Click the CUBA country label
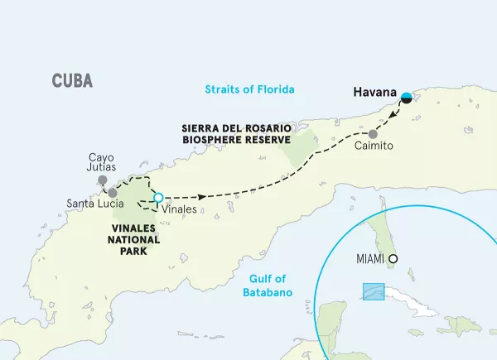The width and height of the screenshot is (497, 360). click(x=71, y=81)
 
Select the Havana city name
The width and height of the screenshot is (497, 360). click(x=374, y=94)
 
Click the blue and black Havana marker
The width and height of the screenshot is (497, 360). click(x=407, y=98)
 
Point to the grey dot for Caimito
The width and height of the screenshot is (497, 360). click(x=374, y=134)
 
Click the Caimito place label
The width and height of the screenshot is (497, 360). click(x=373, y=146)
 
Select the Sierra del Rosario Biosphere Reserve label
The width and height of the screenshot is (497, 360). click(x=236, y=133)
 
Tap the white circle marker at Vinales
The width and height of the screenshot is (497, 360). click(x=158, y=198)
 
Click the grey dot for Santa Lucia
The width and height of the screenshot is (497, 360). click(x=113, y=192)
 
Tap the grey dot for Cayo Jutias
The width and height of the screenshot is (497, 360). click(x=102, y=179)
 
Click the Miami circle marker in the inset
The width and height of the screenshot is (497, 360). click(x=393, y=258)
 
